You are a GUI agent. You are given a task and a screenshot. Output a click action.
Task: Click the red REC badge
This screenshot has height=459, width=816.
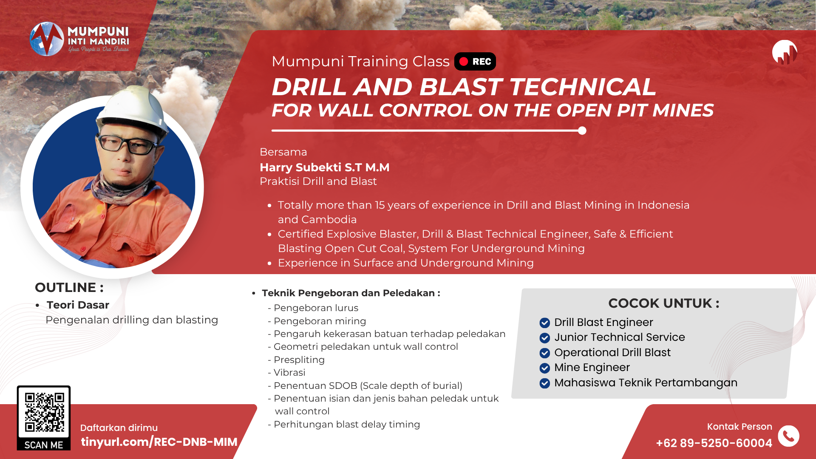click(x=475, y=62)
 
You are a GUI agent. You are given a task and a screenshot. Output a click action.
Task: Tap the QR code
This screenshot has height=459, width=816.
click(x=44, y=412)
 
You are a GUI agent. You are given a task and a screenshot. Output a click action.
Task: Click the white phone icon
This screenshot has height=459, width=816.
click(x=788, y=436)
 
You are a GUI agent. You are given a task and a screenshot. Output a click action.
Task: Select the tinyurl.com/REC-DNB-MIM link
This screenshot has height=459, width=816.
click(x=159, y=442)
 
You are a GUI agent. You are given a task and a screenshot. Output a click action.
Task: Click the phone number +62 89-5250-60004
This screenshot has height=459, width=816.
click(x=714, y=443)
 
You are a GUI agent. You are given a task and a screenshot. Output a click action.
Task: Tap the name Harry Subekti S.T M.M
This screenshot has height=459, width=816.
click(x=325, y=167)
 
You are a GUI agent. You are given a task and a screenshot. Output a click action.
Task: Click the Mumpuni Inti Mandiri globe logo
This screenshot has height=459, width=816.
click(x=47, y=39)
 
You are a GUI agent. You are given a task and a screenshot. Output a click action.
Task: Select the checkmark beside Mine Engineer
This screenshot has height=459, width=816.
click(x=544, y=368)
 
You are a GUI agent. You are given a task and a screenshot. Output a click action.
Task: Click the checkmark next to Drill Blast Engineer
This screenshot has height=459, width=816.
click(x=544, y=323)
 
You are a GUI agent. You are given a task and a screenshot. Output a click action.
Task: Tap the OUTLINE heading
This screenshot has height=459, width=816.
click(x=69, y=288)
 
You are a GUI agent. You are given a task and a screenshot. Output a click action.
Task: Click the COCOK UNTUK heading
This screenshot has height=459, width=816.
click(x=664, y=303)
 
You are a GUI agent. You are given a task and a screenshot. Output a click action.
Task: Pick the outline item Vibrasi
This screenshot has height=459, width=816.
click(x=289, y=373)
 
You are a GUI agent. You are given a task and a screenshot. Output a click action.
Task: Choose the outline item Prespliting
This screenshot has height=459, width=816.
click(x=299, y=360)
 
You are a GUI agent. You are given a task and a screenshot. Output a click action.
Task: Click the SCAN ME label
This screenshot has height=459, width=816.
click(x=44, y=445)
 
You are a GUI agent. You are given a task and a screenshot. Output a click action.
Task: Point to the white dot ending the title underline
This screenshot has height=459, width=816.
click(x=582, y=130)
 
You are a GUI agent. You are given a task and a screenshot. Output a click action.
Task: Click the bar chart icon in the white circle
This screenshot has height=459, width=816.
click(x=785, y=53)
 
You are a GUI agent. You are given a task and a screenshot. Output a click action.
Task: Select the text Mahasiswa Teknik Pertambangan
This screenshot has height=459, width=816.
click(x=646, y=383)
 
